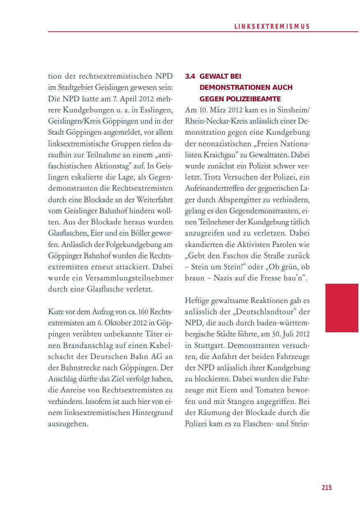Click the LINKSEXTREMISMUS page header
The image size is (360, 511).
272,26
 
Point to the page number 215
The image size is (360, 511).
326,488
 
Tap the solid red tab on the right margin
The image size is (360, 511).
341,308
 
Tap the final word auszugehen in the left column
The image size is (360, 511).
68,424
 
